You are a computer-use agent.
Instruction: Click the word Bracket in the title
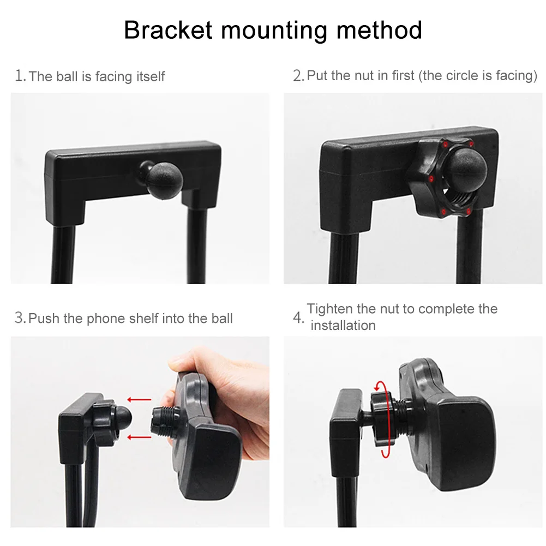168,30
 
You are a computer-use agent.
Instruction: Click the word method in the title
379,30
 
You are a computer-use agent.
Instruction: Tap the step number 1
20,76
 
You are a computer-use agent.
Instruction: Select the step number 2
298,76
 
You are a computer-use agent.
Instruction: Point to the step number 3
20,318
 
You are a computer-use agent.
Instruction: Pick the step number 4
298,317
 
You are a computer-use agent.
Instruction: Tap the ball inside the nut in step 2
466,169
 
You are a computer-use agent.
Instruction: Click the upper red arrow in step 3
139,399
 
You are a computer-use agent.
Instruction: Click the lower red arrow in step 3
139,437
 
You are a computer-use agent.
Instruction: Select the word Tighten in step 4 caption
329,309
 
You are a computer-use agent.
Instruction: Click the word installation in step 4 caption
343,326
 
